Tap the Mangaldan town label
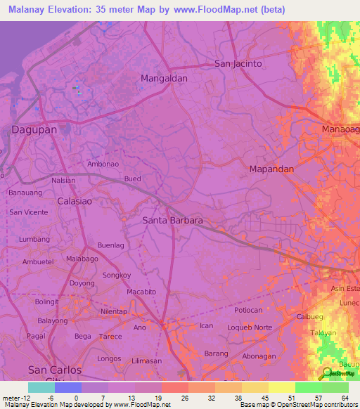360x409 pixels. tap(164, 79)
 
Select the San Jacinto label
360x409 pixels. tap(238, 63)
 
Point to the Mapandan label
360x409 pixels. tap(271, 169)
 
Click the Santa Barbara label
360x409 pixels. tap(172, 221)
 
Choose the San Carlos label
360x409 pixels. tap(54, 370)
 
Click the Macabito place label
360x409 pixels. tap(141, 292)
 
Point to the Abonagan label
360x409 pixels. tap(259, 356)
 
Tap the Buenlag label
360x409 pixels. tap(110, 245)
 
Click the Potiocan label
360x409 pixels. tap(248, 310)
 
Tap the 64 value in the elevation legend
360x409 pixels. tap(344, 398)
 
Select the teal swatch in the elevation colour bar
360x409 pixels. tap(41, 387)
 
